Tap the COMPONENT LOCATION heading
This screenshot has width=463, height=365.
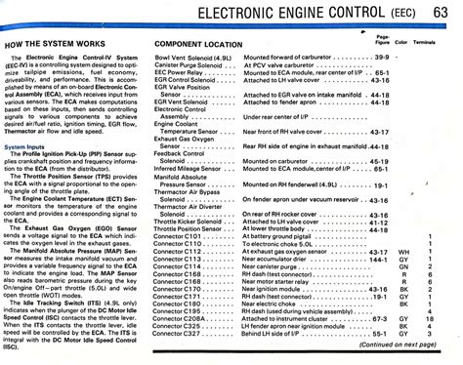coord(199,46)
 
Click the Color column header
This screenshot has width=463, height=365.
coord(402,45)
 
